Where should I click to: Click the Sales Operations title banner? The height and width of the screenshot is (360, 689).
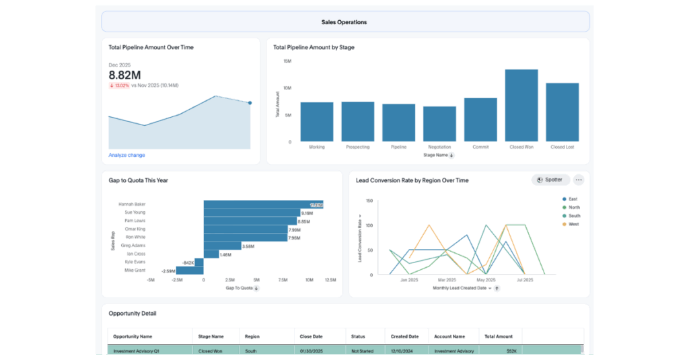click(344, 22)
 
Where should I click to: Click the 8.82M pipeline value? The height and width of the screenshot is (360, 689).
click(125, 75)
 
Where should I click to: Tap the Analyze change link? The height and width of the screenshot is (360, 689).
click(126, 155)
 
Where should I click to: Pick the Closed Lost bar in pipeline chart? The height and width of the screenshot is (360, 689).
click(563, 112)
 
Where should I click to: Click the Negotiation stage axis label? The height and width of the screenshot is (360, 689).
click(439, 147)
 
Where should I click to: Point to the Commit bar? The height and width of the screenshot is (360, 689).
click(480, 120)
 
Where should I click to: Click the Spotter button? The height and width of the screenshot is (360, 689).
click(551, 180)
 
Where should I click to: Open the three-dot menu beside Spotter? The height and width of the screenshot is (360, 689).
click(579, 180)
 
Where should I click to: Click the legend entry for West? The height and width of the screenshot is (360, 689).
click(573, 224)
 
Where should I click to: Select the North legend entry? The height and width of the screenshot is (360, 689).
click(573, 207)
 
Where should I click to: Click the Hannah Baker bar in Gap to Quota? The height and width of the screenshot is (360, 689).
click(263, 204)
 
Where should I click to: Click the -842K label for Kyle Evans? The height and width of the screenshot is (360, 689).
click(188, 262)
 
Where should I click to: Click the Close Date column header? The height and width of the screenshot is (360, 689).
click(310, 336)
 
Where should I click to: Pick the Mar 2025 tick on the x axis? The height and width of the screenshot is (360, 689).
click(447, 279)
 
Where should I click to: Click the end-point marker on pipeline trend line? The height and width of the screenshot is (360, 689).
click(250, 103)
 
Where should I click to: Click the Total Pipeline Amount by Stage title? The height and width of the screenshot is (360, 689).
click(314, 48)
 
